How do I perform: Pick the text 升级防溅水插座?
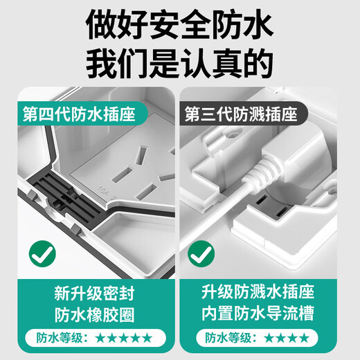click(260, 291)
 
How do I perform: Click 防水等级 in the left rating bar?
click(56, 339)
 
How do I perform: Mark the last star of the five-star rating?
click(147, 339)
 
